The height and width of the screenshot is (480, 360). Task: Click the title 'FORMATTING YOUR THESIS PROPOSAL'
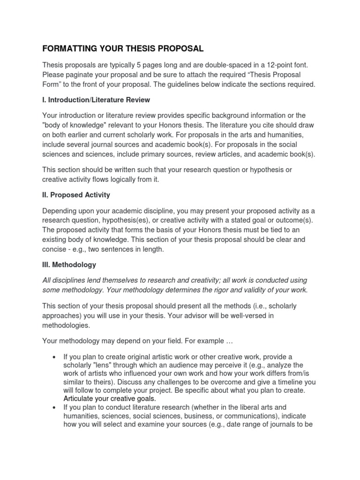123,48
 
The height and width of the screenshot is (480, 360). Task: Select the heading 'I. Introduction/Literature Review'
96,100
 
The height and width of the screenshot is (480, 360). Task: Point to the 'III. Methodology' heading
69,265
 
